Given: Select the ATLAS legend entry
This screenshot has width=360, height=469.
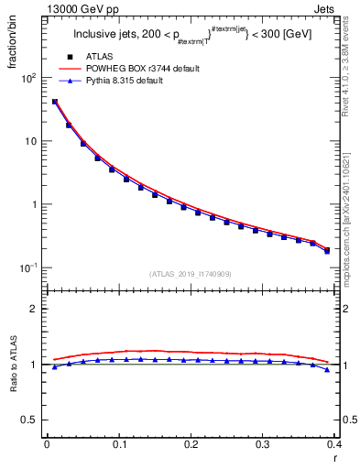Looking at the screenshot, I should pyautogui.click(x=101, y=57).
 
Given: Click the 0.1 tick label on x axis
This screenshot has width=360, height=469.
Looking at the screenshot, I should pyautogui.click(x=119, y=444).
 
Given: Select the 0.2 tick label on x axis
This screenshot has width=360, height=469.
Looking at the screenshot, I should pyautogui.click(x=191, y=444).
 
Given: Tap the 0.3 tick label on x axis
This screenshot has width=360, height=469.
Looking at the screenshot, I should pyautogui.click(x=263, y=444).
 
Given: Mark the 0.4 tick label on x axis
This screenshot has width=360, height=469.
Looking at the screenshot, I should pyautogui.click(x=334, y=444).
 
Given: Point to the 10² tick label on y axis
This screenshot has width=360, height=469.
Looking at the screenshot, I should pyautogui.click(x=27, y=79).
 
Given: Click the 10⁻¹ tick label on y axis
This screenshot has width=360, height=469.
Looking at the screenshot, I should pyautogui.click(x=27, y=267).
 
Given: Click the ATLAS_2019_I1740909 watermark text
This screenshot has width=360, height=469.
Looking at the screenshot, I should pyautogui.click(x=191, y=274).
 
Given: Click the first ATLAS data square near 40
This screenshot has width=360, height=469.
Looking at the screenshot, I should pyautogui.click(x=54, y=102).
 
